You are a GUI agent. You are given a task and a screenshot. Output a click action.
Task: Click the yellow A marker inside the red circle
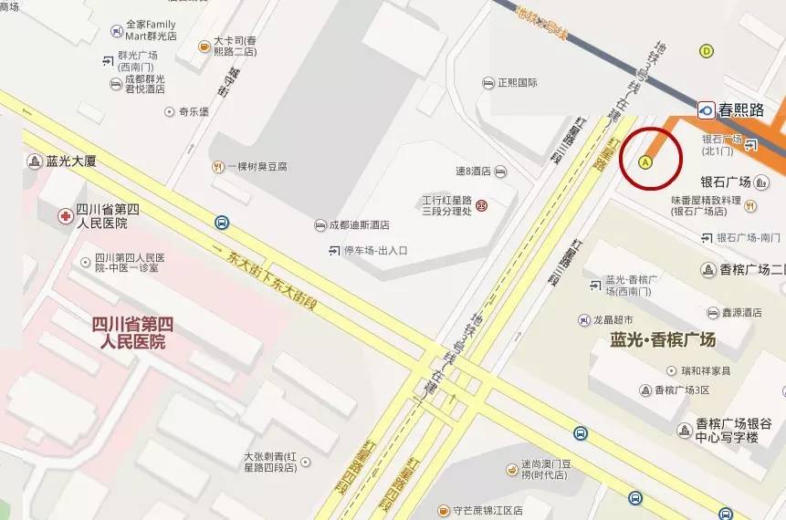click(x=645, y=162)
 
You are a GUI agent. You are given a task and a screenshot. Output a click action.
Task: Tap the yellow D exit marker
click(x=706, y=51)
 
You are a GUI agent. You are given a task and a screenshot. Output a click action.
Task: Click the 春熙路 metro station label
click(x=740, y=109)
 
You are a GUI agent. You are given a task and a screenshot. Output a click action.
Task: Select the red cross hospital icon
click(x=65, y=217)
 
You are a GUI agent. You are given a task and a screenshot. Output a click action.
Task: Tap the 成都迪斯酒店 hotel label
click(x=359, y=224)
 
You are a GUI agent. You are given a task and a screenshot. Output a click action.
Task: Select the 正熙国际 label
click(x=517, y=83)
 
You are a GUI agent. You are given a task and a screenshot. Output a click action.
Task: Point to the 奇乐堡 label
click(x=194, y=112)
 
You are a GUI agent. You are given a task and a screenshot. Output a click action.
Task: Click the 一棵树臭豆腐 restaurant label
click(x=257, y=167)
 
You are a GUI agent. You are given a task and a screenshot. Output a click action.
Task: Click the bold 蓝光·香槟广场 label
click(x=663, y=340)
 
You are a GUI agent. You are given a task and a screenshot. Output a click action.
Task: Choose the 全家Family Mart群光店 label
click(x=151, y=29)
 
